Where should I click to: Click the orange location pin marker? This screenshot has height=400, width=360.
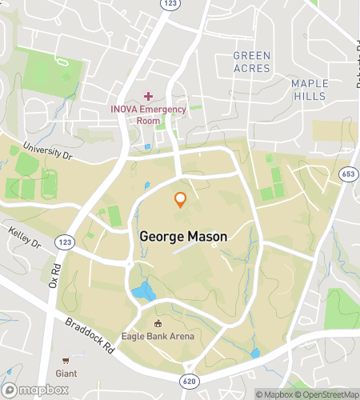[x=181, y=200]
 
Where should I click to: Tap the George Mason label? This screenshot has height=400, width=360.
[x=183, y=237]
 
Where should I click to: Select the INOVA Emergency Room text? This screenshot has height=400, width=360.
[x=148, y=114]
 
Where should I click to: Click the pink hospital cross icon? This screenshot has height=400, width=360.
[x=148, y=96]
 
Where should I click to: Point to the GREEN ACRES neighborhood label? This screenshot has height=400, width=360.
[x=251, y=62]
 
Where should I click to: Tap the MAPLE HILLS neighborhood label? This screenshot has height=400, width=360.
[x=309, y=90]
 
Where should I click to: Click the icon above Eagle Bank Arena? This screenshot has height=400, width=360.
[x=158, y=324]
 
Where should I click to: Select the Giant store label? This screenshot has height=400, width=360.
[x=66, y=373]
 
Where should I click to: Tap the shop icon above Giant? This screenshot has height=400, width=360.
[x=66, y=361]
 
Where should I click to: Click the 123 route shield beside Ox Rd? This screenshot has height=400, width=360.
[x=65, y=241]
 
